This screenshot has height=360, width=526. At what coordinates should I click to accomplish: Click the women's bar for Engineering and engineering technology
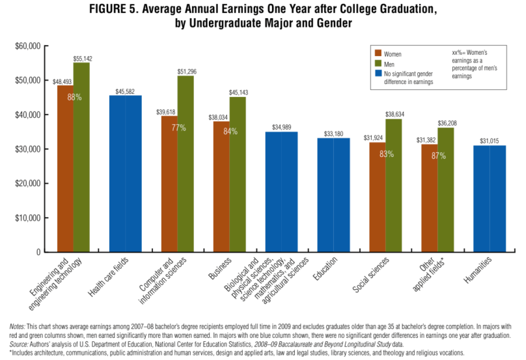tap(65, 169)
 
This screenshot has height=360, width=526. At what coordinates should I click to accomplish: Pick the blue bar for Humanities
tap(489, 199)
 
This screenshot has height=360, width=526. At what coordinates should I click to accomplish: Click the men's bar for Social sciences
tap(394, 186)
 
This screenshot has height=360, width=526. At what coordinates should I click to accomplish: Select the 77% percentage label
tap(178, 128)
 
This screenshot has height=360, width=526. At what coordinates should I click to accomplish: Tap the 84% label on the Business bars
tap(230, 132)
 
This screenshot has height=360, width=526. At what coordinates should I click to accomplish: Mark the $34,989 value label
tap(281, 127)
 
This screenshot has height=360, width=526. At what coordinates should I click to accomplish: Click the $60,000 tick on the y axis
tap(27, 46)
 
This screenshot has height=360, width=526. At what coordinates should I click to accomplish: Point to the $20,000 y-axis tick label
tap(27, 184)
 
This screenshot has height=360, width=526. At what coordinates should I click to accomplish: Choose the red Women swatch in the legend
tap(378, 54)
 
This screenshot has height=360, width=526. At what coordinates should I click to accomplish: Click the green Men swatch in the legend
tap(378, 64)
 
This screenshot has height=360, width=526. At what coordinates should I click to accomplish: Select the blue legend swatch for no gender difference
tap(378, 75)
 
